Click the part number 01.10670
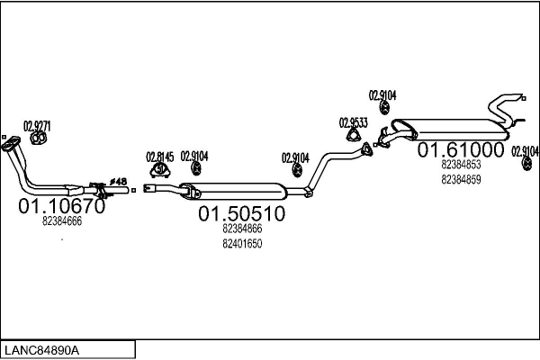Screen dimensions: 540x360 coord(61,206)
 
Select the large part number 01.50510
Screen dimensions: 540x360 coord(242,213)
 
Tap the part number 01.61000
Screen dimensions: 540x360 coord(461,150)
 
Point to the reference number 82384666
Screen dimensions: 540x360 coord(62,221)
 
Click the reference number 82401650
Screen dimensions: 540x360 coord(242,244)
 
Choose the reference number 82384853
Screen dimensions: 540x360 coord(461,165)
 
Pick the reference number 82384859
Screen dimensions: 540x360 coord(461,180)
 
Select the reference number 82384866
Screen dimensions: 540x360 coord(242,229)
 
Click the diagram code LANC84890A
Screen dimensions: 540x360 coord(42,351)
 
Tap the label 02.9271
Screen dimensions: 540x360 coord(37,126)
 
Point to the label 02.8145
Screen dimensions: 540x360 coord(160,157)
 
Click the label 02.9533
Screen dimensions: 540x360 coord(354,123)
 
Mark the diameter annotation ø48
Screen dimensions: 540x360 coord(119,181)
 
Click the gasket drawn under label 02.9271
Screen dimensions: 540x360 coord(39,138)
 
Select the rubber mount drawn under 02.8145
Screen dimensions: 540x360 coord(159,170)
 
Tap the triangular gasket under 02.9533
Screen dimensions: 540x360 coord(354,135)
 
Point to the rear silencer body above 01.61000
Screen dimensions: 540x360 coord(451,130)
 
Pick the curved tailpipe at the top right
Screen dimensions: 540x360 coord(506,109)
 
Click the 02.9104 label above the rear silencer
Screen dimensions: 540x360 coord(382,95)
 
